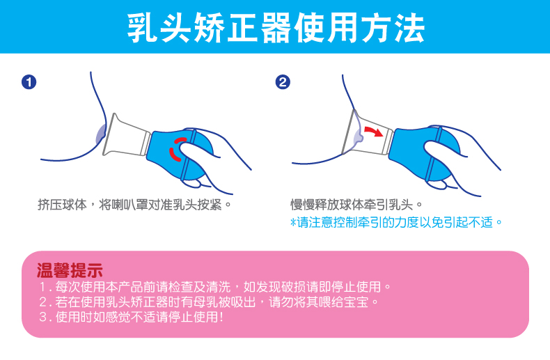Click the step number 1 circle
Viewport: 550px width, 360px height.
[29, 82]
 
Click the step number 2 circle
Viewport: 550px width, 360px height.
[283, 82]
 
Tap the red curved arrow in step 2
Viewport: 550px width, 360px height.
[374, 131]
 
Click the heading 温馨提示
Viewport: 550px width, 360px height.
[70, 271]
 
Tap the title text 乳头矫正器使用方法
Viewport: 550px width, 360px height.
[276, 28]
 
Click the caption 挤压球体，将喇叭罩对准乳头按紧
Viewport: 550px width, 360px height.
[134, 205]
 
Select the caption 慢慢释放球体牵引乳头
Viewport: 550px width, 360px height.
[356, 205]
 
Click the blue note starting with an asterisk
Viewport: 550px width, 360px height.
[396, 222]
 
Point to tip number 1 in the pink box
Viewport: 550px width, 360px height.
[214, 287]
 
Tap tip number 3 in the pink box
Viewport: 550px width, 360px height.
[131, 318]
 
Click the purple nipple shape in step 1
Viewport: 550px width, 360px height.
[100, 134]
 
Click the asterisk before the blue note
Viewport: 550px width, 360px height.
[293, 222]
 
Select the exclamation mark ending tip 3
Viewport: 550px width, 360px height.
[221, 318]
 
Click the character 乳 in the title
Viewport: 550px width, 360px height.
[142, 28]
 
